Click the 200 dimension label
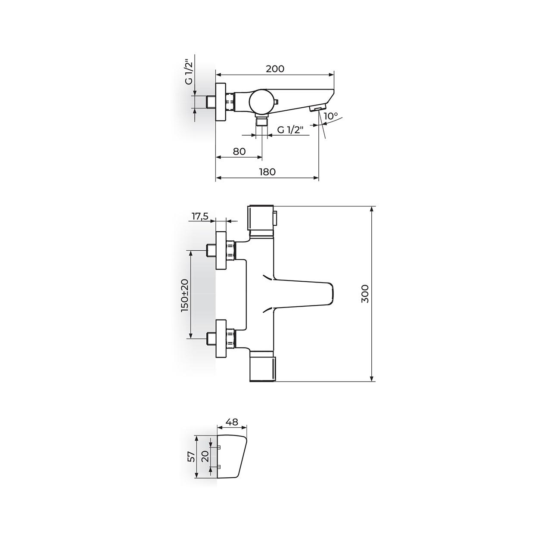pyautogui.click(x=275, y=69)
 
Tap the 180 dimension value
pyautogui.click(x=267, y=171)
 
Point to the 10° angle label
pyautogui.click(x=331, y=116)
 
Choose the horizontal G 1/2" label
pyautogui.click(x=291, y=130)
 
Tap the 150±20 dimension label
pyautogui.click(x=185, y=295)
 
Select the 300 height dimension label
pyautogui.click(x=365, y=294)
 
